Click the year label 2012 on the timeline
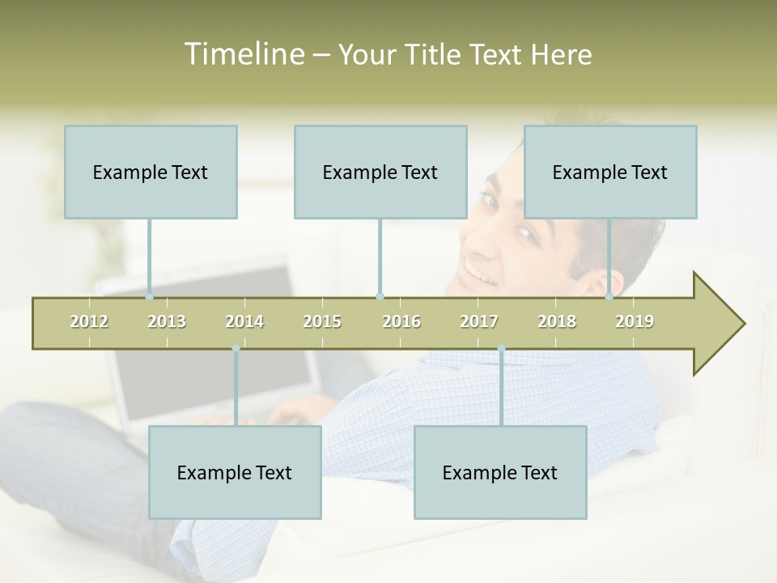pyautogui.click(x=89, y=321)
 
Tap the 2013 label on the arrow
pyautogui.click(x=167, y=321)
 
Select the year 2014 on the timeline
pyautogui.click(x=244, y=321)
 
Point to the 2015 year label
pyautogui.click(x=322, y=321)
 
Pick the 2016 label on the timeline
pyautogui.click(x=401, y=321)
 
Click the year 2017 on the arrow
pyautogui.click(x=479, y=321)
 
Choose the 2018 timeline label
pyautogui.click(x=557, y=321)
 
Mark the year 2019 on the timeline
pyautogui.click(x=635, y=321)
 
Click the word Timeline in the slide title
pyautogui.click(x=242, y=54)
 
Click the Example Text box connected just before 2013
pyautogui.click(x=151, y=172)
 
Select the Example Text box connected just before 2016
pyautogui.click(x=380, y=172)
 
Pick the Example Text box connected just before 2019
pyautogui.click(x=610, y=172)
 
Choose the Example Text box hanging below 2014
pyautogui.click(x=235, y=472)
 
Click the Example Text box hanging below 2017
pyautogui.click(x=500, y=472)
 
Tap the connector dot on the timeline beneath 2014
pyautogui.click(x=236, y=348)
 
